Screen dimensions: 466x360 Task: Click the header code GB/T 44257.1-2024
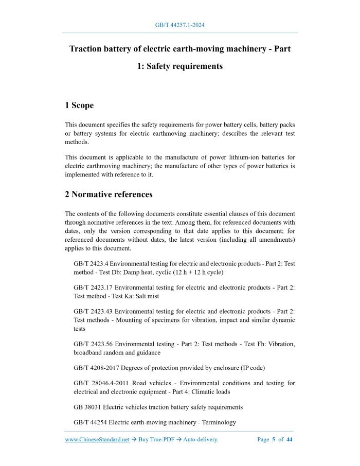click(180, 25)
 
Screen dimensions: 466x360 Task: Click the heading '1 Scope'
click(79, 105)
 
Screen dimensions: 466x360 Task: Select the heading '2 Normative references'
click(109, 194)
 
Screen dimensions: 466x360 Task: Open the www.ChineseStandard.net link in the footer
click(97, 440)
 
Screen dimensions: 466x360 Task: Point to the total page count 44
click(289, 440)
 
